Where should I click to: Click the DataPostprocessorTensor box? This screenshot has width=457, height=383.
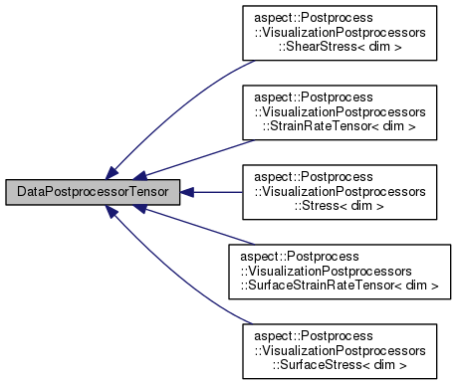coord(93,191)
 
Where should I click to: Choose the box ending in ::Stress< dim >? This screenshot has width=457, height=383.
coord(339,191)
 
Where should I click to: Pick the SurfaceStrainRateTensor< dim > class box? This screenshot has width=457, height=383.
coord(339,269)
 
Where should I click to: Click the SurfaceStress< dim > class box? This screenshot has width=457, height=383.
coord(339,347)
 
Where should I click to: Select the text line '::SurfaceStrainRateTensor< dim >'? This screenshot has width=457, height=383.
coord(339,284)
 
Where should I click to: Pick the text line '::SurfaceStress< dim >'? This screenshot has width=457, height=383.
coord(339,361)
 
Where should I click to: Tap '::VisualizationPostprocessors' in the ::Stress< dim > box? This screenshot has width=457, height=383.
coord(339,191)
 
